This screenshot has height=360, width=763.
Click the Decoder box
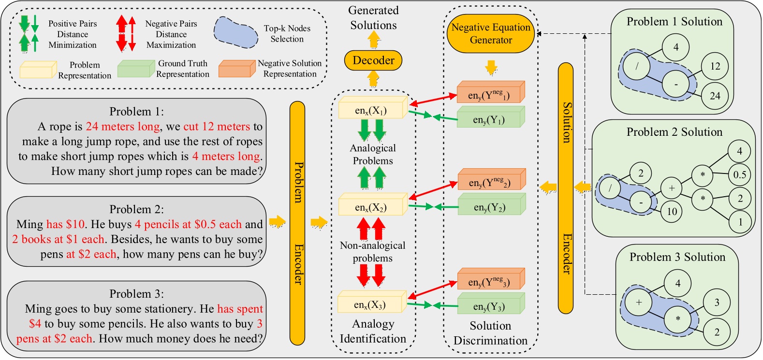(373, 60)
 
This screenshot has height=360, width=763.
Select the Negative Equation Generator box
(491, 34)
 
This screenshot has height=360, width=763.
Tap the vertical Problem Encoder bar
(297, 223)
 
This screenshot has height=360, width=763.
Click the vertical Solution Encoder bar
(566, 188)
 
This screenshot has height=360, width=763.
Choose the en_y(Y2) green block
(489, 207)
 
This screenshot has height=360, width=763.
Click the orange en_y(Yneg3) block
(489, 281)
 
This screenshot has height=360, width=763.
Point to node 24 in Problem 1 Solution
(715, 96)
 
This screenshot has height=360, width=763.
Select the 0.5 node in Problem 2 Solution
(739, 175)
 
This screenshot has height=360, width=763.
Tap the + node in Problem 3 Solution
(639, 302)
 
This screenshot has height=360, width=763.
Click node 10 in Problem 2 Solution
(672, 211)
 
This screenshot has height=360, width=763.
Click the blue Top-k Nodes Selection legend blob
(236, 32)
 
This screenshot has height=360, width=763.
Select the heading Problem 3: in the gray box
(136, 294)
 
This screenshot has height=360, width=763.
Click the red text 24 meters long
(123, 127)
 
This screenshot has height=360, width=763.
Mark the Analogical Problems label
(373, 154)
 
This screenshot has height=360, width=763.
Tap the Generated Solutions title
(373, 18)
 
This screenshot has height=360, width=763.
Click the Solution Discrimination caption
(490, 333)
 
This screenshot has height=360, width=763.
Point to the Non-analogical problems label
(372, 252)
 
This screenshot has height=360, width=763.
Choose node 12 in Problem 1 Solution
(715, 66)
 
